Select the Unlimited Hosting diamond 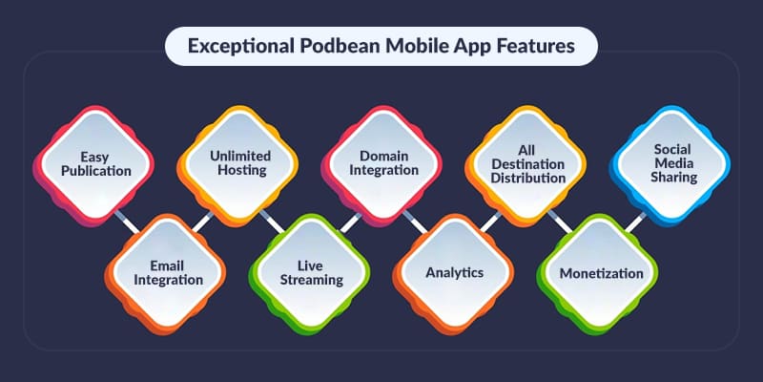239,161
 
